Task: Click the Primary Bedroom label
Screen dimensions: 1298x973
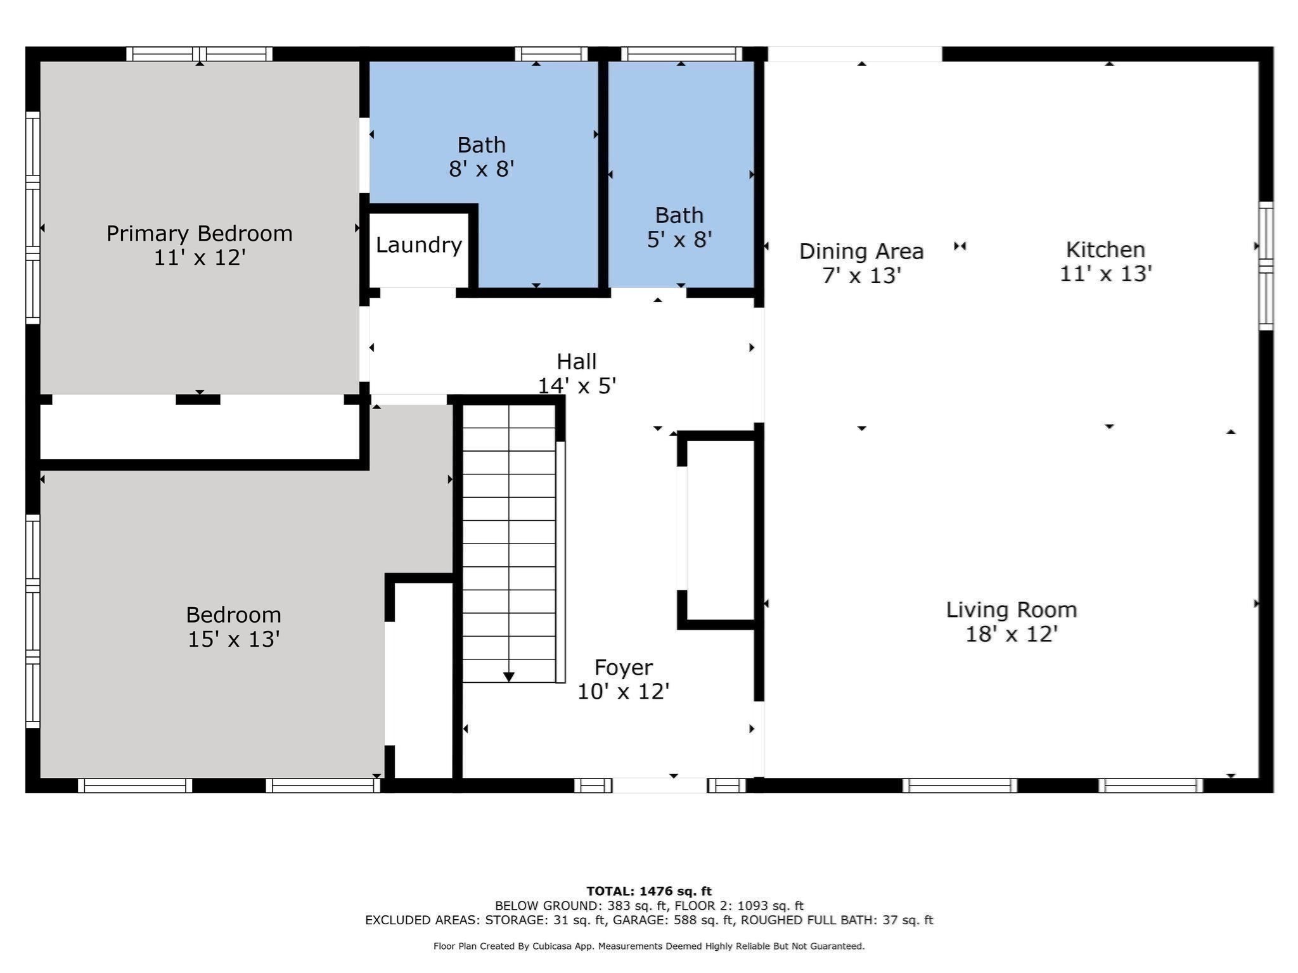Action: (199, 234)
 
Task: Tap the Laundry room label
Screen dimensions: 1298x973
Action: (418, 245)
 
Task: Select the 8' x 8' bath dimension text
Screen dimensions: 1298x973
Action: (481, 169)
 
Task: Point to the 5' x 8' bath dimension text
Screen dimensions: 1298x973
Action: (679, 239)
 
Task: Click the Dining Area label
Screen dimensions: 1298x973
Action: (861, 251)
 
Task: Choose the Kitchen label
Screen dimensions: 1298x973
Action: (1105, 250)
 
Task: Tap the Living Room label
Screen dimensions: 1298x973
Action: (1012, 610)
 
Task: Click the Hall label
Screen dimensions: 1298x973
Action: (576, 362)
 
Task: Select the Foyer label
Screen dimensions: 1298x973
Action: (624, 668)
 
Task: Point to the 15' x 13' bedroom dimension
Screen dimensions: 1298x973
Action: (234, 639)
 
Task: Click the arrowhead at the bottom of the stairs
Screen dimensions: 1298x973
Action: (508, 677)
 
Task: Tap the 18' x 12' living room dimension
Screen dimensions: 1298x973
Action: (1012, 634)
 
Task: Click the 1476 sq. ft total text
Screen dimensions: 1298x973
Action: (676, 891)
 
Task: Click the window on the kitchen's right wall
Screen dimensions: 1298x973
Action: (1266, 266)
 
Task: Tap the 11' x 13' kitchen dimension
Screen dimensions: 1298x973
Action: (1105, 274)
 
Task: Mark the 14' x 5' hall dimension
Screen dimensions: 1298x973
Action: (577, 386)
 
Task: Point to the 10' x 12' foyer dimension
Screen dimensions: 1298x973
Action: (624, 691)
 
